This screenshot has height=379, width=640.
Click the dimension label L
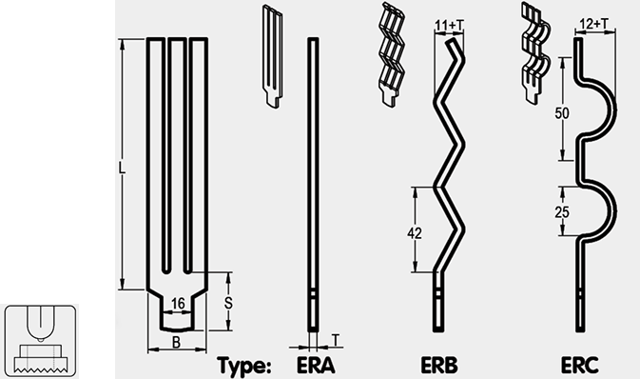click(122, 168)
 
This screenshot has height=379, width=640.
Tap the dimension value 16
click(178, 304)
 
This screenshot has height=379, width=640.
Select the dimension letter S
click(228, 304)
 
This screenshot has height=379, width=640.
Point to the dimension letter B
click(176, 342)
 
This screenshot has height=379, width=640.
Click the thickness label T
click(335, 340)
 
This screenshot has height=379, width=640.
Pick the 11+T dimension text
click(450, 26)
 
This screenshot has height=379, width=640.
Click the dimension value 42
click(415, 233)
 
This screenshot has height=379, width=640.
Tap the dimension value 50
click(562, 113)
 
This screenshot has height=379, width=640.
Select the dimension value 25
click(562, 212)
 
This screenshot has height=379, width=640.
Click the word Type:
click(243, 365)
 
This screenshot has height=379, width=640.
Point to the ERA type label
click(316, 365)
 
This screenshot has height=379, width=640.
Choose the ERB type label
click(439, 365)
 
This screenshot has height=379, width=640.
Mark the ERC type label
click(579, 365)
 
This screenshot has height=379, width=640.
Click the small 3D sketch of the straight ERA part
click(272, 56)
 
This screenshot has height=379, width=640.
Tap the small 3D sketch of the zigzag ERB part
click(391, 55)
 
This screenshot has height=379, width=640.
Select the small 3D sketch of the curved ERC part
click(535, 53)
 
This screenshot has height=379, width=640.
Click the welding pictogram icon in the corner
click(40, 341)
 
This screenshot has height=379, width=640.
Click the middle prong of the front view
click(177, 155)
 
